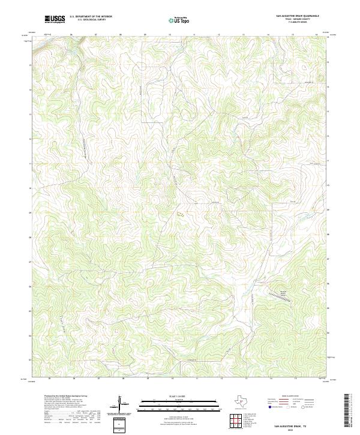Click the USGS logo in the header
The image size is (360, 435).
pos(55,19)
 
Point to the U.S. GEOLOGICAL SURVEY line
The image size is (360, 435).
pos(91,20)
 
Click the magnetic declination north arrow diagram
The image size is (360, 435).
pos(119,411)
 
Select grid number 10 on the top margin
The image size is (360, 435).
pos(170,35)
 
